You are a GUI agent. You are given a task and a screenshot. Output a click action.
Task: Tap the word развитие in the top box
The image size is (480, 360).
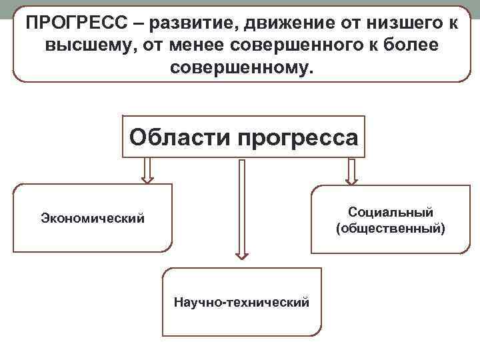[x=193, y=23]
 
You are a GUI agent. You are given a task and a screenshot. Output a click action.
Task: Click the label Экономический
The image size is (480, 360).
[x=93, y=217]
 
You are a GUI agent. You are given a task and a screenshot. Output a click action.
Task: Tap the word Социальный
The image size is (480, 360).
[x=391, y=212]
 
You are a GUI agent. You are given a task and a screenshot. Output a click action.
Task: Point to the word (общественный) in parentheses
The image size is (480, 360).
[x=391, y=229]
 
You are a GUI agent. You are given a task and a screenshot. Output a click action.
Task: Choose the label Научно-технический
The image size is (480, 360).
[x=241, y=302]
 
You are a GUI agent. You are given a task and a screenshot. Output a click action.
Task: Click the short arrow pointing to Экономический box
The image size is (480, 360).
[x=147, y=171]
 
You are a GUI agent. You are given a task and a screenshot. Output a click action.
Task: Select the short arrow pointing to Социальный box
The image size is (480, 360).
[x=351, y=171]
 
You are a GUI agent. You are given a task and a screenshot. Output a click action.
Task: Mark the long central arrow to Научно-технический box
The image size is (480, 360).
[x=242, y=207]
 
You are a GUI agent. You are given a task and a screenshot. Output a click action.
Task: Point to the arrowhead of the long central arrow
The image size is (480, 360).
[x=242, y=254]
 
